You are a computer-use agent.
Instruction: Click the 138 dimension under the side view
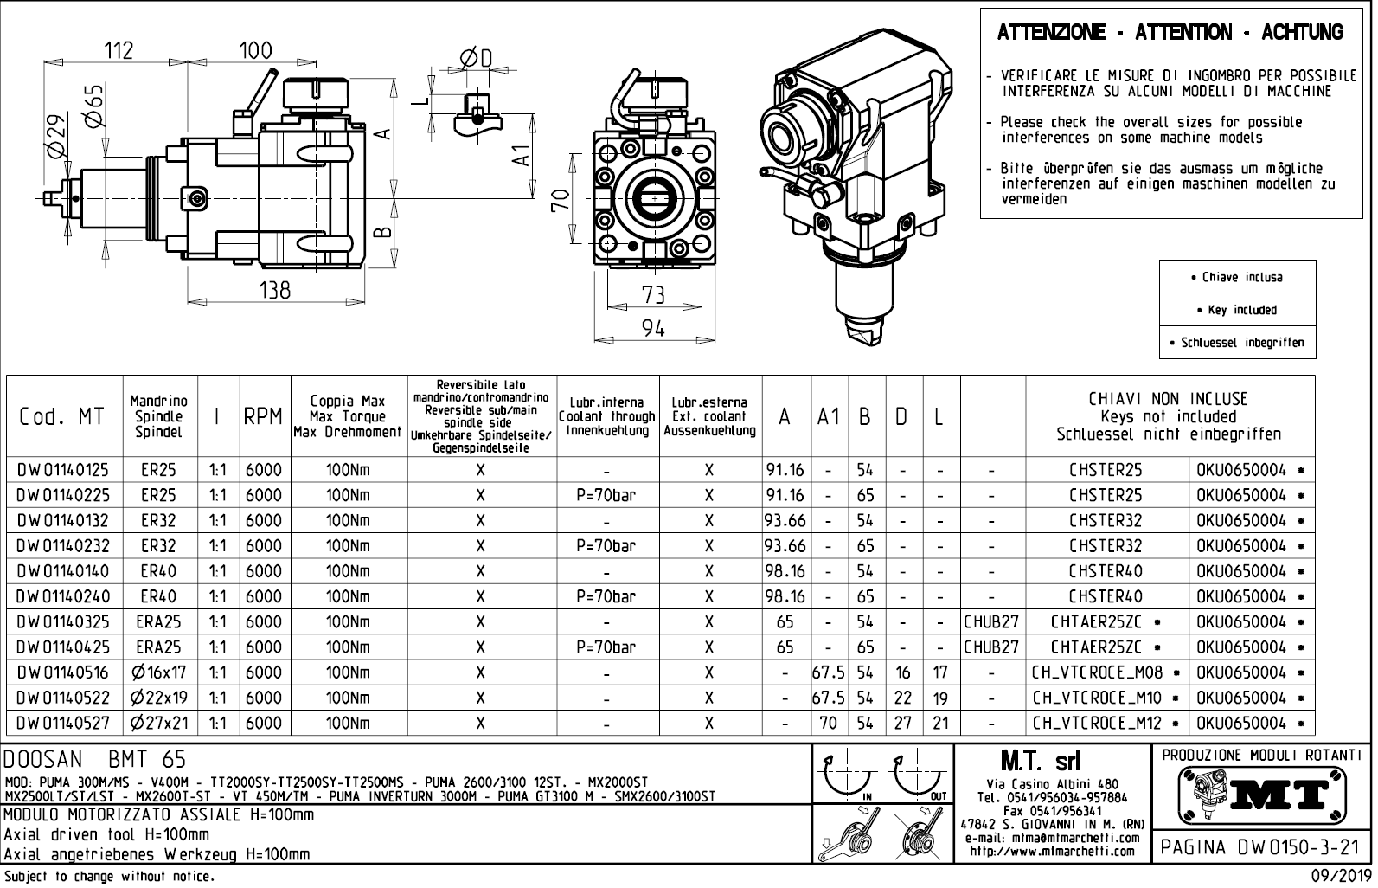(x=275, y=291)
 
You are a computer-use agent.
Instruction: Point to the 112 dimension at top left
(x=119, y=51)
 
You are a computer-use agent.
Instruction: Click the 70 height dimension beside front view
(x=561, y=200)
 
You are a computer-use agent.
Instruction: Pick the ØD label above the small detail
(x=475, y=58)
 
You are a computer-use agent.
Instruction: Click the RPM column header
(x=263, y=416)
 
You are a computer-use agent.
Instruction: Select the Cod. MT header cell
(x=61, y=416)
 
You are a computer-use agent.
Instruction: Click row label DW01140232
(x=63, y=546)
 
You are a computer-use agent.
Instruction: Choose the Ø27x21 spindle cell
(x=158, y=723)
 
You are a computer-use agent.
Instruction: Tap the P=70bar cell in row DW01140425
(x=606, y=647)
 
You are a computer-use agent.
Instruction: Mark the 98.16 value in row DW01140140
(x=785, y=571)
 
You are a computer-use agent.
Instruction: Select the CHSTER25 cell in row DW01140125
(x=1105, y=470)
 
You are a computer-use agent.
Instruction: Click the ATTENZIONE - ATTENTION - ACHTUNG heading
(x=1170, y=33)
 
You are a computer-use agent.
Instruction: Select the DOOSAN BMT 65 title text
(x=95, y=760)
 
